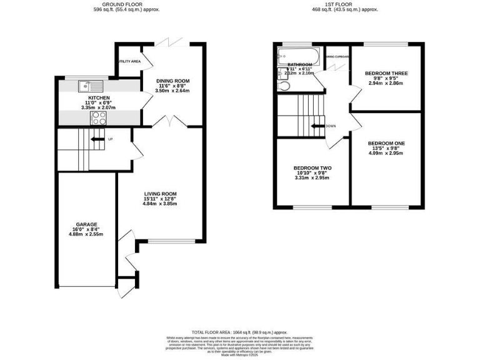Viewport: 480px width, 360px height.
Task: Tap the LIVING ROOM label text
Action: point(160,194)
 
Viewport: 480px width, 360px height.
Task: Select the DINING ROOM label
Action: point(172,81)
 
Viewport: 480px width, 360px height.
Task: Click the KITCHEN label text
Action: point(99,98)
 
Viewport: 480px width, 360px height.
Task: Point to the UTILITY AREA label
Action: point(129,61)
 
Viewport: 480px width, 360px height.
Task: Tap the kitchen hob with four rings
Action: point(99,117)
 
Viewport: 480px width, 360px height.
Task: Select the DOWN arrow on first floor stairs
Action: point(317,126)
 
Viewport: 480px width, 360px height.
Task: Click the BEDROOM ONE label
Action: point(386,143)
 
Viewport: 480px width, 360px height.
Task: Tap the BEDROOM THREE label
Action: point(387,73)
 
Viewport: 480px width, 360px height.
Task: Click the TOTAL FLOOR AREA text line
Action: point(239,332)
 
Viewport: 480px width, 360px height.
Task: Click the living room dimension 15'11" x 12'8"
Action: point(160,199)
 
